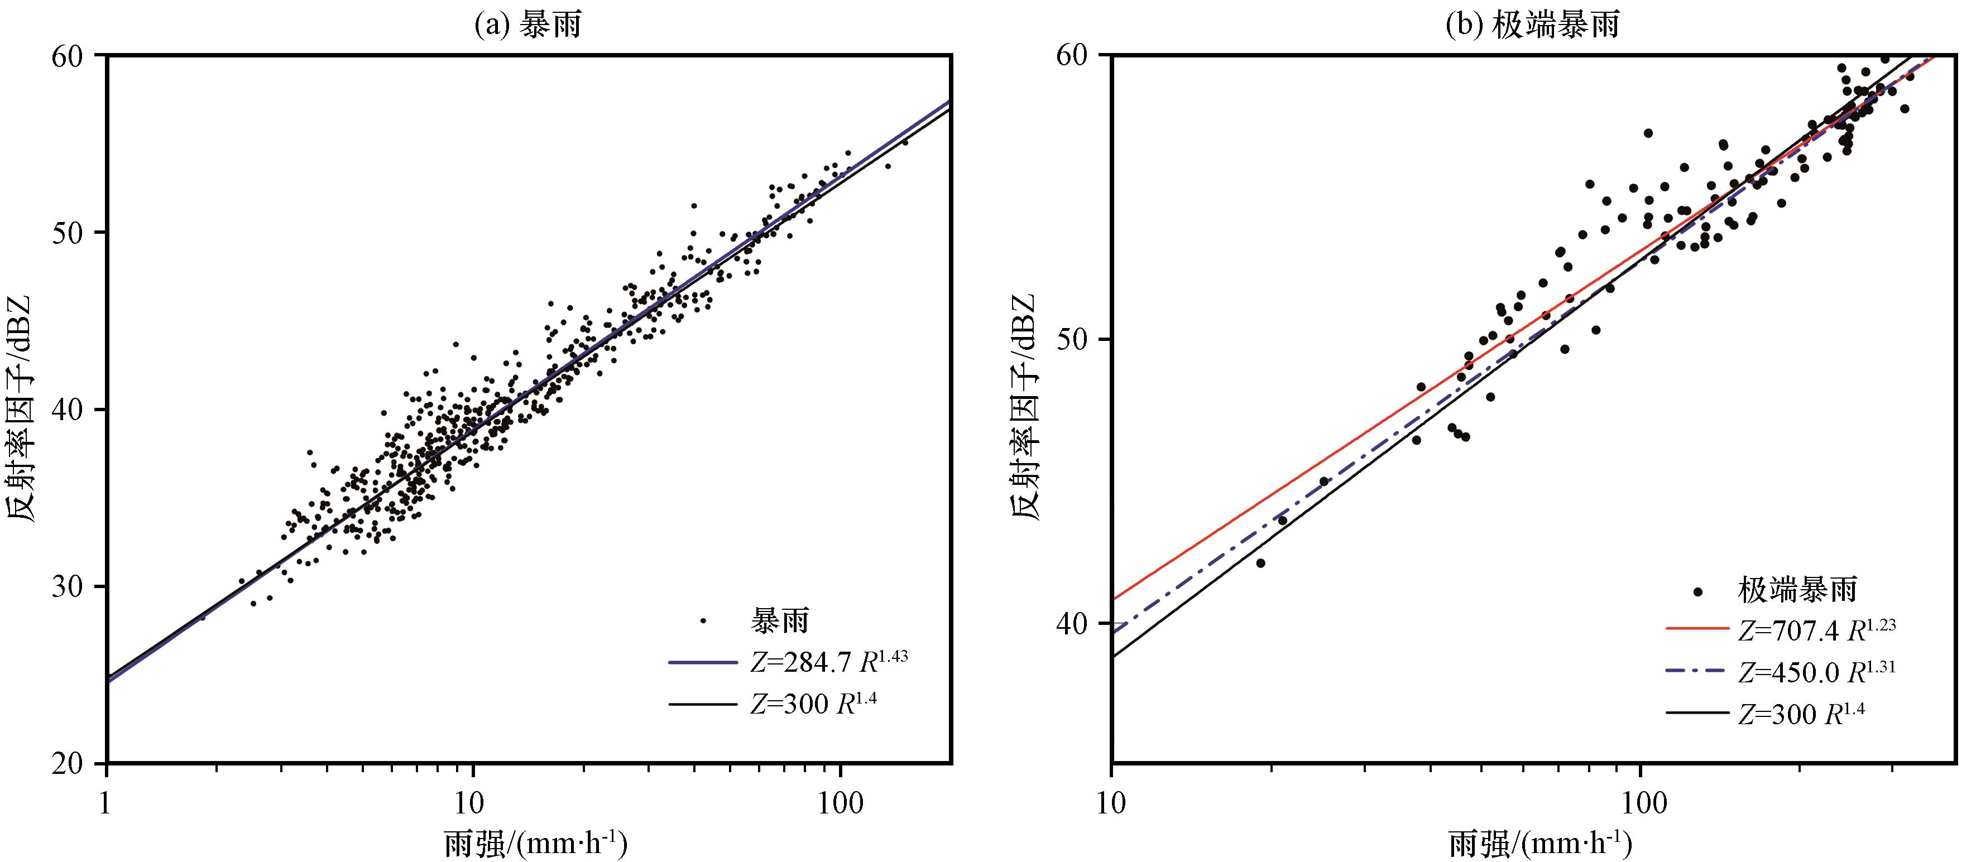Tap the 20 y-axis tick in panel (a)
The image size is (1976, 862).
74,764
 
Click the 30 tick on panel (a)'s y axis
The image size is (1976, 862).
74,587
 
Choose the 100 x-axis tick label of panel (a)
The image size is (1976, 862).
840,803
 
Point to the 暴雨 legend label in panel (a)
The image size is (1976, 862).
780,620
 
